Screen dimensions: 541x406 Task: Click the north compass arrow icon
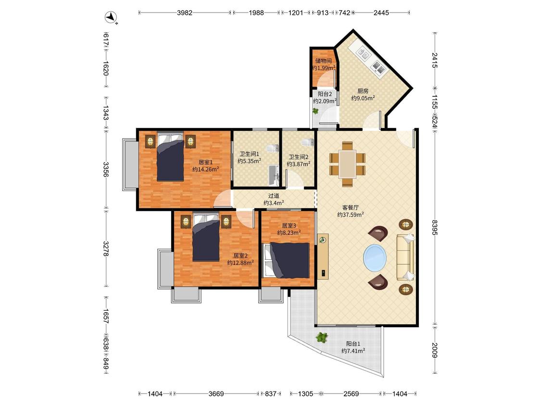(x=111, y=17)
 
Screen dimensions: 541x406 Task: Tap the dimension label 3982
(x=185, y=13)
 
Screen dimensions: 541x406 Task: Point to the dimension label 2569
(x=351, y=393)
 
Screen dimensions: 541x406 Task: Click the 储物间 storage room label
(x=323, y=61)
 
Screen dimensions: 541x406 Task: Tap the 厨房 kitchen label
(x=363, y=91)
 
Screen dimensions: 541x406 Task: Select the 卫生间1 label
(x=249, y=154)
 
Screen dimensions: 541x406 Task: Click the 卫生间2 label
(x=299, y=157)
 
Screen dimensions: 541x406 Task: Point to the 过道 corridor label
(x=274, y=196)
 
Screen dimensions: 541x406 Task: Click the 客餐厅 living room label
(x=350, y=207)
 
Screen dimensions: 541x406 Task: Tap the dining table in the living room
(x=347, y=164)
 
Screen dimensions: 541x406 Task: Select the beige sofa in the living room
(x=405, y=257)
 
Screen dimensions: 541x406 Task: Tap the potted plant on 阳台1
(x=322, y=337)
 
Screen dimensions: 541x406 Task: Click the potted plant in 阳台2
(x=315, y=111)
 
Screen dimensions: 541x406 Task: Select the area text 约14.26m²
(x=206, y=169)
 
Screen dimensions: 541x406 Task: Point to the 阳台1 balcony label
(x=353, y=344)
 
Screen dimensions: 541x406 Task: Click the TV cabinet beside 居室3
(x=323, y=256)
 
